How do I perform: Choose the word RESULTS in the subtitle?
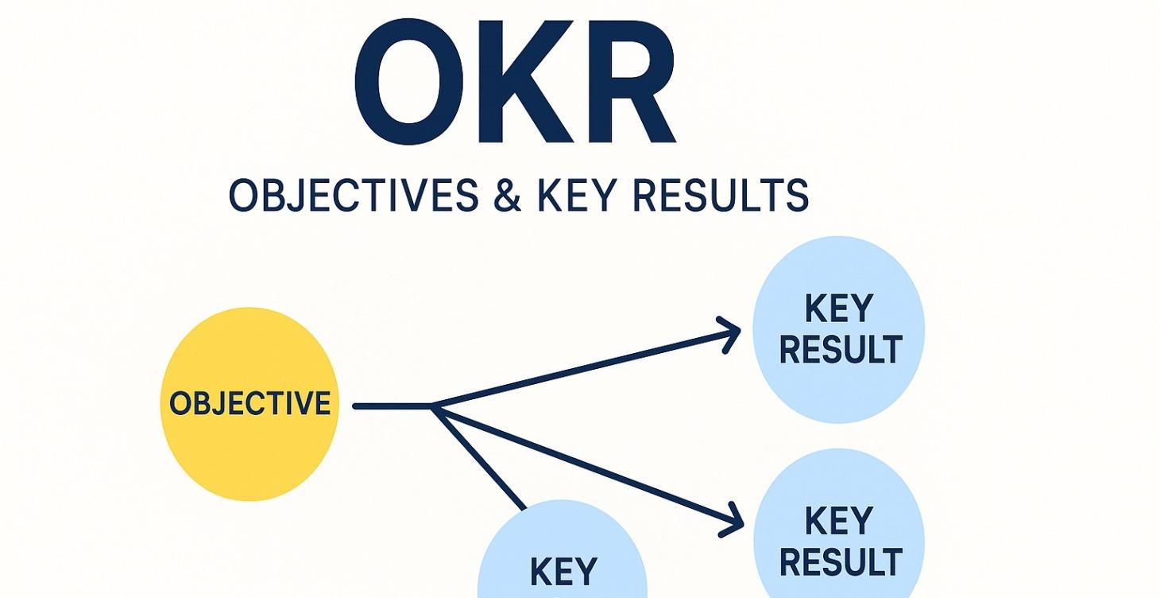tap(719, 196)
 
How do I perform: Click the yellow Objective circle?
tap(249, 404)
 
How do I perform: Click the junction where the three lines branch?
tap(433, 406)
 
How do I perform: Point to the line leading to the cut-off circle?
tap(479, 458)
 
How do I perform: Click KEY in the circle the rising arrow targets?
tap(839, 309)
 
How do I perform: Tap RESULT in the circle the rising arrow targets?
tap(840, 350)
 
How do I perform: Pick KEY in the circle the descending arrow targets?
tap(839, 522)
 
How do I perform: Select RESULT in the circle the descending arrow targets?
tap(840, 562)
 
